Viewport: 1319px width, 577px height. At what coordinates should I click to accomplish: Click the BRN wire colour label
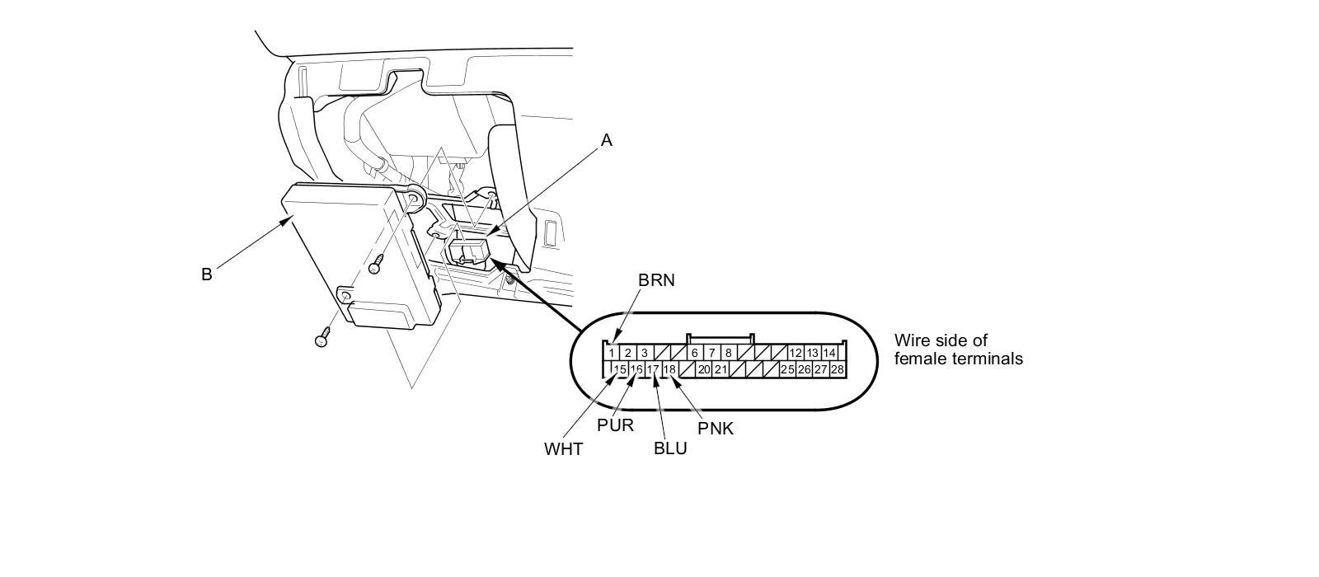pos(656,280)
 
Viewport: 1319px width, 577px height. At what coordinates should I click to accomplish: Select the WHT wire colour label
pos(563,449)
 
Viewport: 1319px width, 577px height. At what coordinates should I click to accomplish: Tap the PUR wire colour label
pos(615,425)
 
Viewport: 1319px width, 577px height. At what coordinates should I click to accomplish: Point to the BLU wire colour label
pos(669,449)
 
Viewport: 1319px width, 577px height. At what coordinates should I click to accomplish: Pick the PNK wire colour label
pos(715,428)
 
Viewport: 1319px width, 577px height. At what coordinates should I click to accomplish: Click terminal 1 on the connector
pos(611,353)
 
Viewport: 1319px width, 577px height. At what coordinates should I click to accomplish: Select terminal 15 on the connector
pos(621,369)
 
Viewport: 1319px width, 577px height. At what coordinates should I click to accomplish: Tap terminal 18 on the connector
pos(669,369)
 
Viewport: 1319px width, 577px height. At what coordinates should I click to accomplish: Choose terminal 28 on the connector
pos(837,369)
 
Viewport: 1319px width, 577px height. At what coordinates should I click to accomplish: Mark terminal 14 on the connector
pos(829,353)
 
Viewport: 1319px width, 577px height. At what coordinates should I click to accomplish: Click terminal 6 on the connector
pos(695,353)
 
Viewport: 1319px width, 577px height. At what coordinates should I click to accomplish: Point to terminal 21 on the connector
pos(721,369)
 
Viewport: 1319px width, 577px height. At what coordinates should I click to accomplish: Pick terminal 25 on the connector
pos(786,369)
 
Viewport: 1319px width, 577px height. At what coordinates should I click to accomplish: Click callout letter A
pos(607,140)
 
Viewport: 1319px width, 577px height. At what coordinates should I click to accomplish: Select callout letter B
pos(206,274)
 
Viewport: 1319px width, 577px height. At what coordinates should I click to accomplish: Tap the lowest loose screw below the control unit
pos(322,338)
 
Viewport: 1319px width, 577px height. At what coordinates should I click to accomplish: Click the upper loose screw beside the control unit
pos(376,265)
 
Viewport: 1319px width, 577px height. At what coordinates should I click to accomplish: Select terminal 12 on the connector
pos(796,353)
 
